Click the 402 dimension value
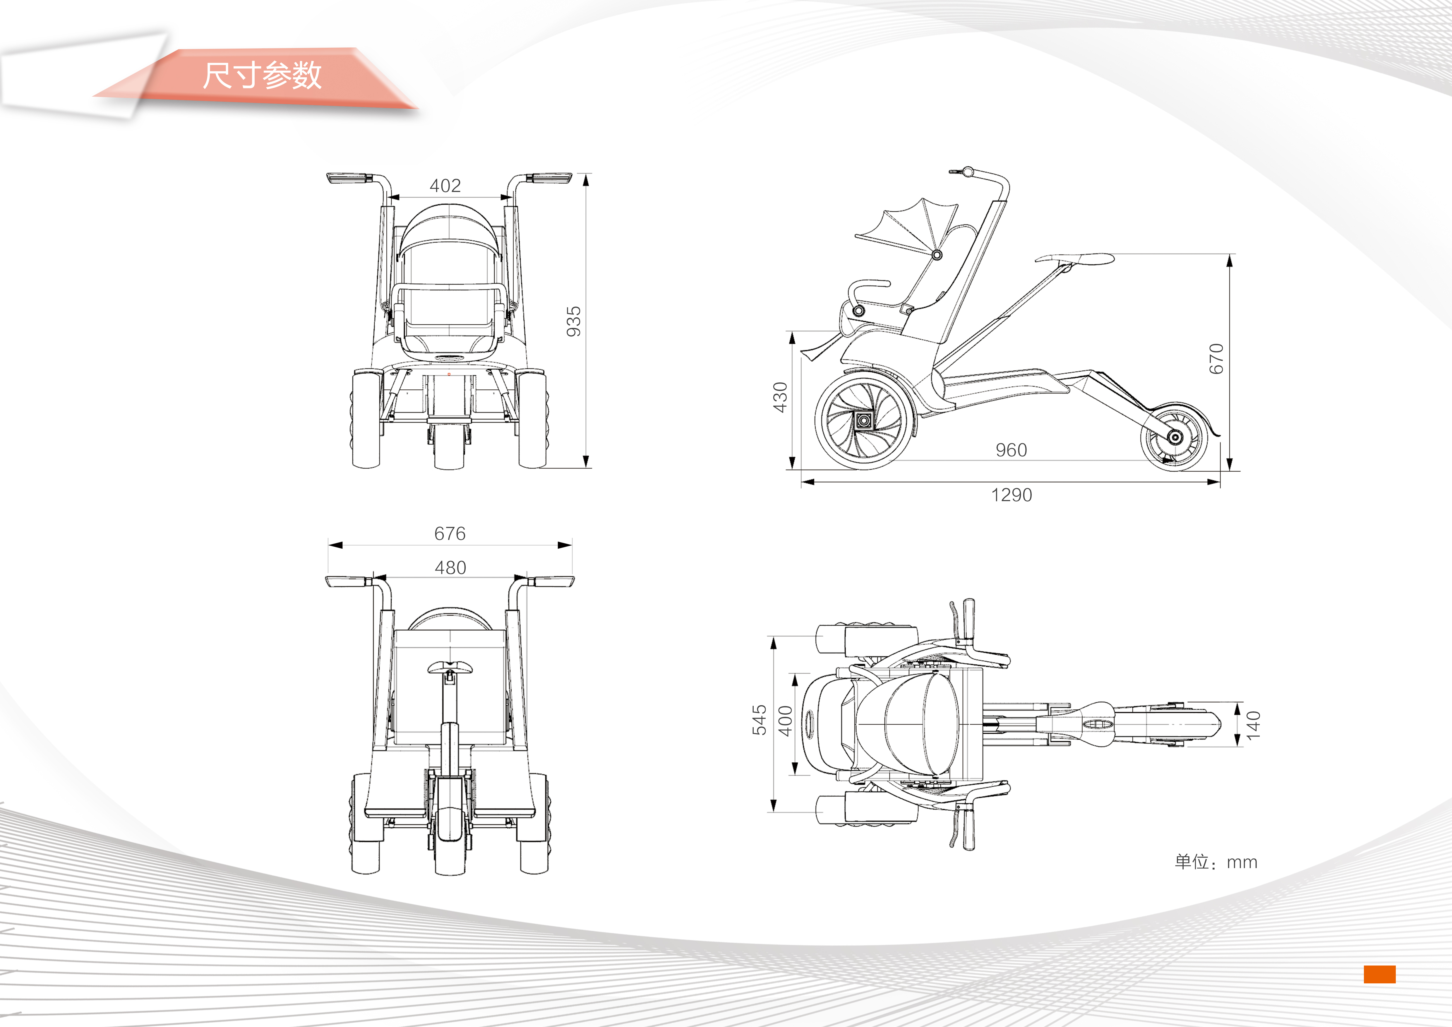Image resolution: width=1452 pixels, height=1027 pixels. tap(445, 185)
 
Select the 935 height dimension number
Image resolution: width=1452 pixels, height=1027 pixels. tap(573, 321)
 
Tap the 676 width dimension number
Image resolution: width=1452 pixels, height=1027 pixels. tap(450, 533)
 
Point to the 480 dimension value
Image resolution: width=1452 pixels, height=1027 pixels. tap(450, 567)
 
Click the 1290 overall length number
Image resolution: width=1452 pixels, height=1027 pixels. tap(1011, 494)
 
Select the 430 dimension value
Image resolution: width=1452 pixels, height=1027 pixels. tap(780, 397)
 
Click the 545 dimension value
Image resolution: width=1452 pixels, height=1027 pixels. tap(759, 720)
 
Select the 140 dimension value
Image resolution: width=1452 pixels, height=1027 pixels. tap(1253, 725)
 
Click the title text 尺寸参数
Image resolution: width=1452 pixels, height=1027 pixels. tap(262, 75)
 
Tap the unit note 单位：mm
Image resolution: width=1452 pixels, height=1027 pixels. tap(1216, 862)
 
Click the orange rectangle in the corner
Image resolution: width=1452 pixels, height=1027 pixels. tap(1379, 974)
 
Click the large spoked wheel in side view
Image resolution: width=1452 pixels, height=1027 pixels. tap(864, 420)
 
